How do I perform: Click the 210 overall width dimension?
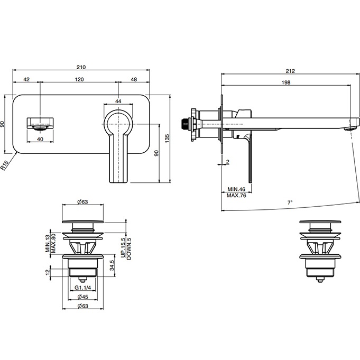[x=81, y=67]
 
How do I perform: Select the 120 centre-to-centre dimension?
[x=79, y=79]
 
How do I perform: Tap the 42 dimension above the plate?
[x=26, y=79]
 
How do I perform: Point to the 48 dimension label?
[x=134, y=79]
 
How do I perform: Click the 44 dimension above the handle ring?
[x=118, y=101]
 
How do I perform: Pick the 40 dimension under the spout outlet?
[x=40, y=139]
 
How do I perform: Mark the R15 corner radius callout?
[x=5, y=165]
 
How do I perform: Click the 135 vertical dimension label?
[x=167, y=139]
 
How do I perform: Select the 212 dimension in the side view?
[x=290, y=71]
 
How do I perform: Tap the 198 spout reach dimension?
[x=286, y=82]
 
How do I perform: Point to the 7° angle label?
[x=290, y=202]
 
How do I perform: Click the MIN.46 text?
[x=236, y=189]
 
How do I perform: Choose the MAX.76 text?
[x=236, y=196]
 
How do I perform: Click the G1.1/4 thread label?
[x=82, y=288]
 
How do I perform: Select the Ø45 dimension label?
[x=82, y=297]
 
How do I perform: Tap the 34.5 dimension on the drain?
[x=112, y=265]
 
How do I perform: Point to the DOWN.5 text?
[x=129, y=248]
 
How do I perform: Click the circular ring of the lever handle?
[x=118, y=112]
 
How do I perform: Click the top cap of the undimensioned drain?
[x=320, y=222]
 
